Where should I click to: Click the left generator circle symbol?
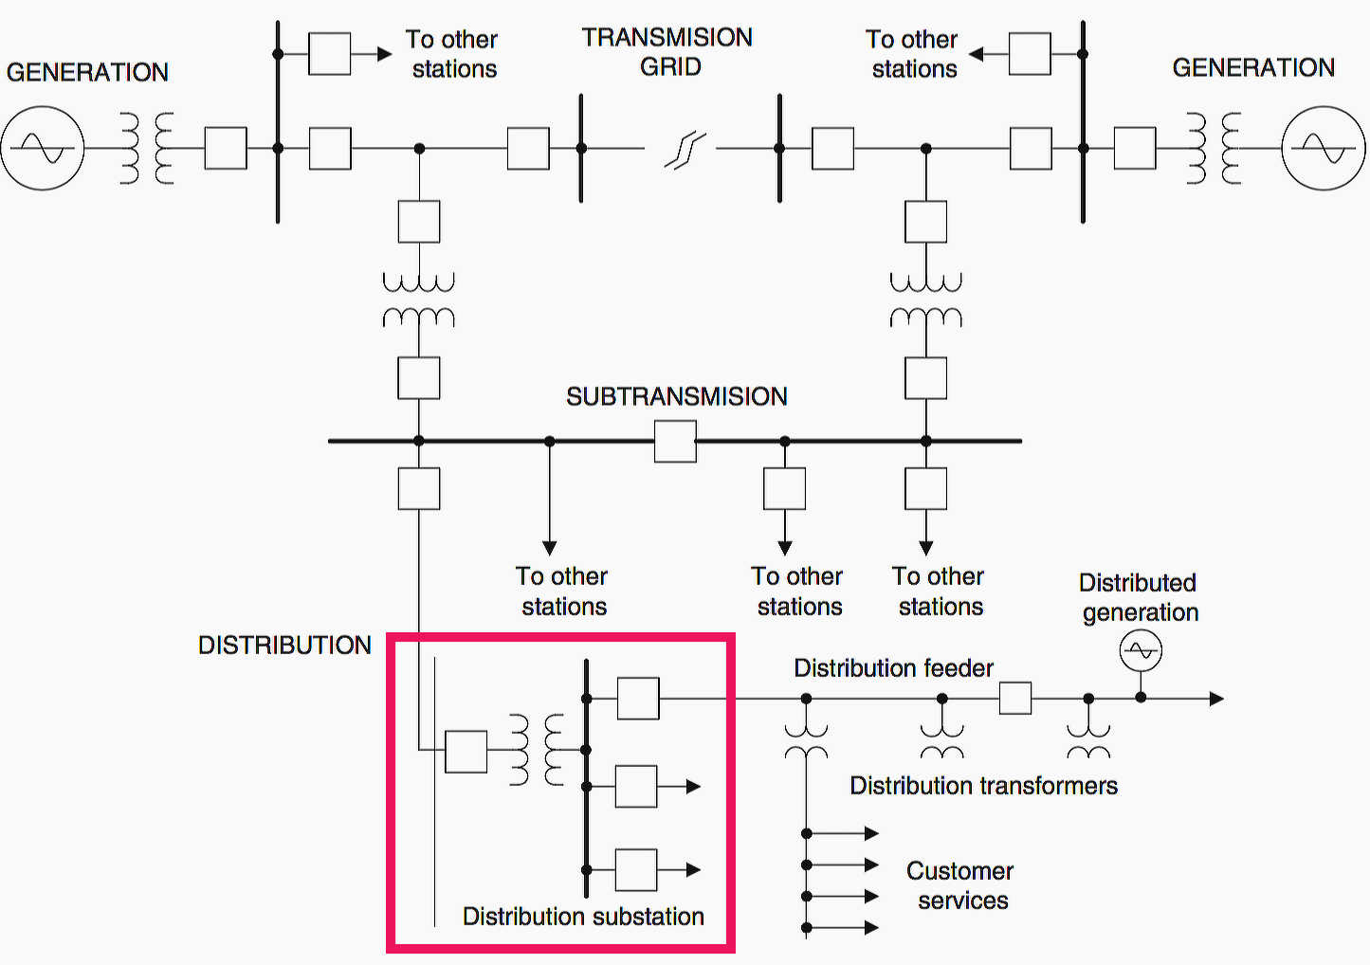[x=43, y=149]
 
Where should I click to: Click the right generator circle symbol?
[x=1324, y=149]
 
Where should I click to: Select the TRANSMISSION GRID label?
[x=667, y=51]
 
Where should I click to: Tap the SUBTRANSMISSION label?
[x=676, y=396]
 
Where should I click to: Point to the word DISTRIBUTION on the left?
[x=284, y=646]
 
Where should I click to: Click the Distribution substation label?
[x=583, y=917]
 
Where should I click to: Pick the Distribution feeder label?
[x=893, y=668]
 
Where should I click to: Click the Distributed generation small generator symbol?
[x=1141, y=651]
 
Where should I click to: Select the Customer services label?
[x=960, y=885]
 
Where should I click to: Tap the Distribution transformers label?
[x=983, y=786]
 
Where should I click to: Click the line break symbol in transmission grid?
[x=685, y=150]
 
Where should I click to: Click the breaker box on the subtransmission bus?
[x=675, y=442]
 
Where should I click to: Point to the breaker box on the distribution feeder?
[x=1015, y=699]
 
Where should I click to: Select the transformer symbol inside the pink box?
[x=536, y=750]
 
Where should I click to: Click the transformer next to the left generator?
[x=147, y=149]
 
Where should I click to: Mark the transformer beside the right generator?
[x=1214, y=149]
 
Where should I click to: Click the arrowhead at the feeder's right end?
[x=1216, y=699]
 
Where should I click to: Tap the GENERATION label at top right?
[x=1253, y=68]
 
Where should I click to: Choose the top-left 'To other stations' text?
[x=452, y=54]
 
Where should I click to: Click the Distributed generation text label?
[x=1139, y=597]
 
